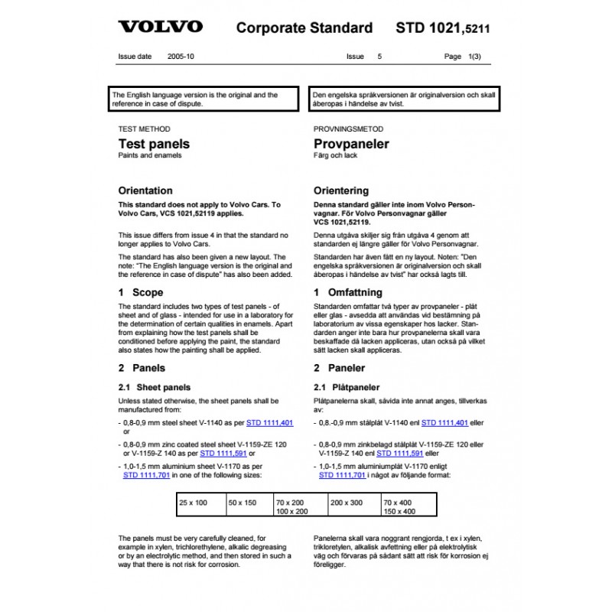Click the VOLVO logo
point(161,28)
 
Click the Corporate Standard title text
point(304,28)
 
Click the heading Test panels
point(154,144)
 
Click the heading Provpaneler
point(351,144)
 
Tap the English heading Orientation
point(145,190)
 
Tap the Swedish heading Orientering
point(341,190)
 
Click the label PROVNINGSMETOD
point(349,129)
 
